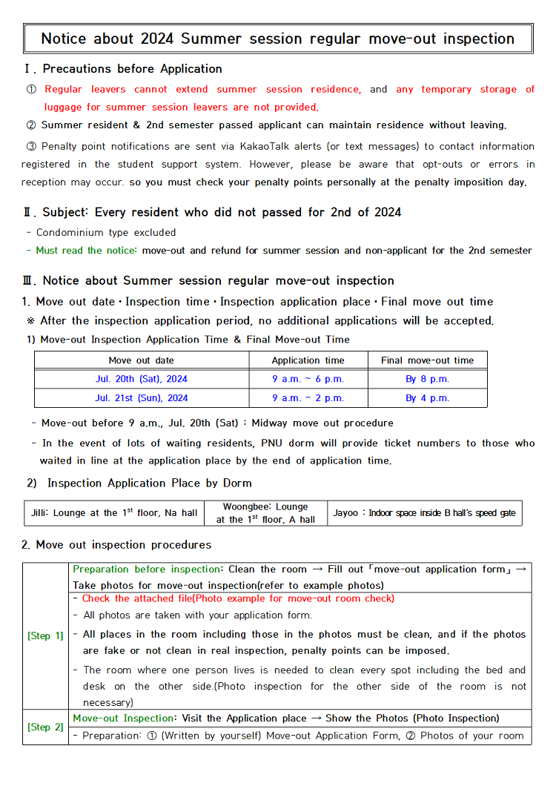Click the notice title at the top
click(277, 39)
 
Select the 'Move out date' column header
click(142, 360)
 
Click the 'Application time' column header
click(308, 360)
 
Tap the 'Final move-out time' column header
click(427, 360)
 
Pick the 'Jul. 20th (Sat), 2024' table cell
click(142, 379)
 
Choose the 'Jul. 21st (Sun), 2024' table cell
click(142, 398)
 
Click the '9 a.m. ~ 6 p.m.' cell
click(308, 379)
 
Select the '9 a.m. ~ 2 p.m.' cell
click(308, 398)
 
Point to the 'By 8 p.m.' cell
click(427, 379)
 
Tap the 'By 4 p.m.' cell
click(427, 398)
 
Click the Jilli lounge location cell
click(114, 513)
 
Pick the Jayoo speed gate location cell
click(424, 513)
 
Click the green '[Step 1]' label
click(45, 635)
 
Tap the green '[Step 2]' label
click(45, 727)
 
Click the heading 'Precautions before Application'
click(132, 69)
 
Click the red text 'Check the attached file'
click(136, 598)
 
